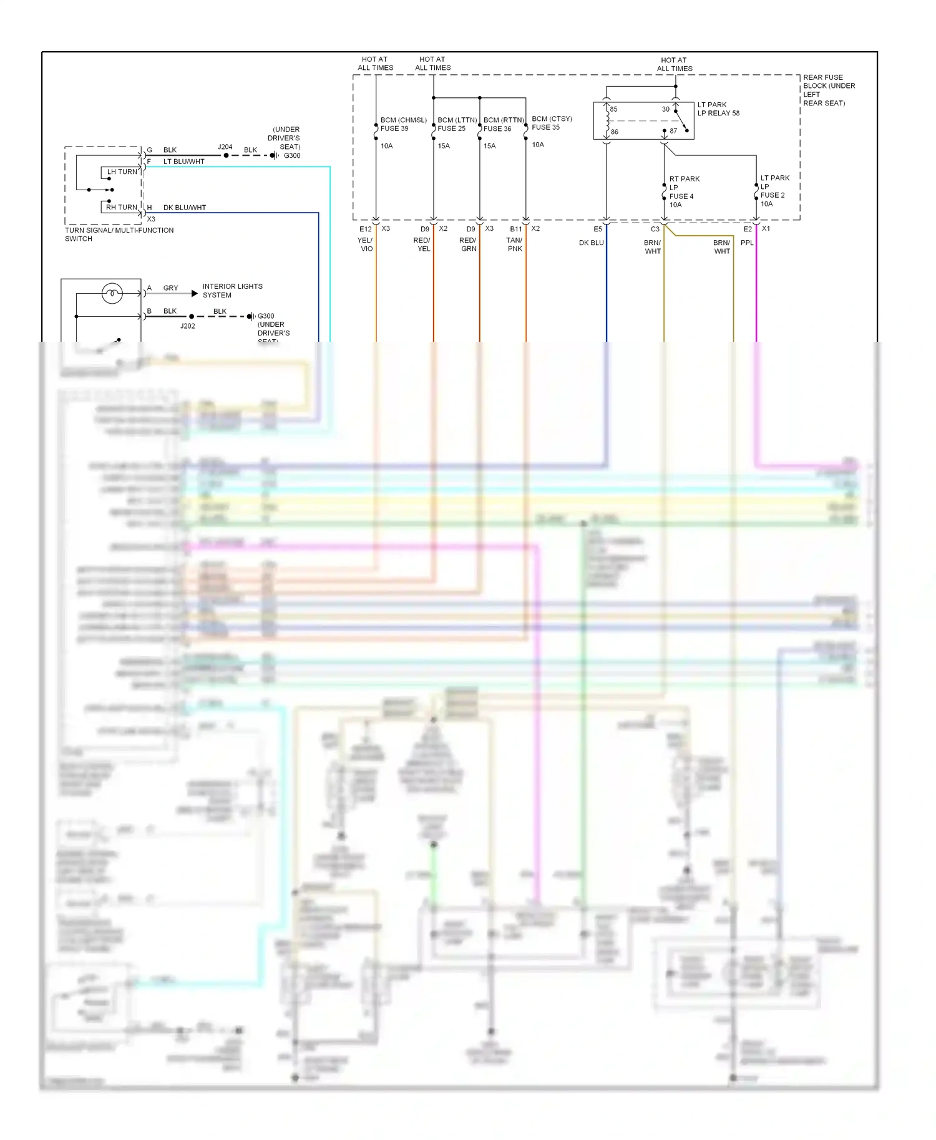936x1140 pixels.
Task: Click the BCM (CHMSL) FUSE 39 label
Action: (403, 124)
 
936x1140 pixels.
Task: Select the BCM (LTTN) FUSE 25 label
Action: (457, 124)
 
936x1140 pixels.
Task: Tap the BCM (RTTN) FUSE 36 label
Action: (503, 124)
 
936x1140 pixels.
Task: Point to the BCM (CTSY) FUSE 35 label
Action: (552, 123)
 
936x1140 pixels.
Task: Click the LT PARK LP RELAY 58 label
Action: (718, 109)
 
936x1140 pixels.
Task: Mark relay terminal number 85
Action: (613, 109)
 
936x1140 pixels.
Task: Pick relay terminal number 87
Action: (673, 131)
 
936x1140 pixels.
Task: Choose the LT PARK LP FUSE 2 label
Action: (774, 190)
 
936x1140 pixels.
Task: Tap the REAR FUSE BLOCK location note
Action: (828, 90)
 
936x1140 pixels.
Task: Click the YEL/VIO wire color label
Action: (365, 244)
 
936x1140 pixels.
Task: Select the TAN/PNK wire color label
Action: (514, 244)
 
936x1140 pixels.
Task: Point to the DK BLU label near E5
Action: (591, 243)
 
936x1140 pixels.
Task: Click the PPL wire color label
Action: (747, 243)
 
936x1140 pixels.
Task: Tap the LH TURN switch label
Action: (122, 172)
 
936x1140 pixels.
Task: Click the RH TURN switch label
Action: (121, 207)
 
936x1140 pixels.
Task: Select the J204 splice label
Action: (225, 147)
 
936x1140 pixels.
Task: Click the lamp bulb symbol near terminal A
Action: (112, 293)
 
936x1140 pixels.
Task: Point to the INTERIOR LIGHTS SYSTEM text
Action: (232, 291)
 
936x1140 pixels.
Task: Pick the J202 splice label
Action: (187, 326)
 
